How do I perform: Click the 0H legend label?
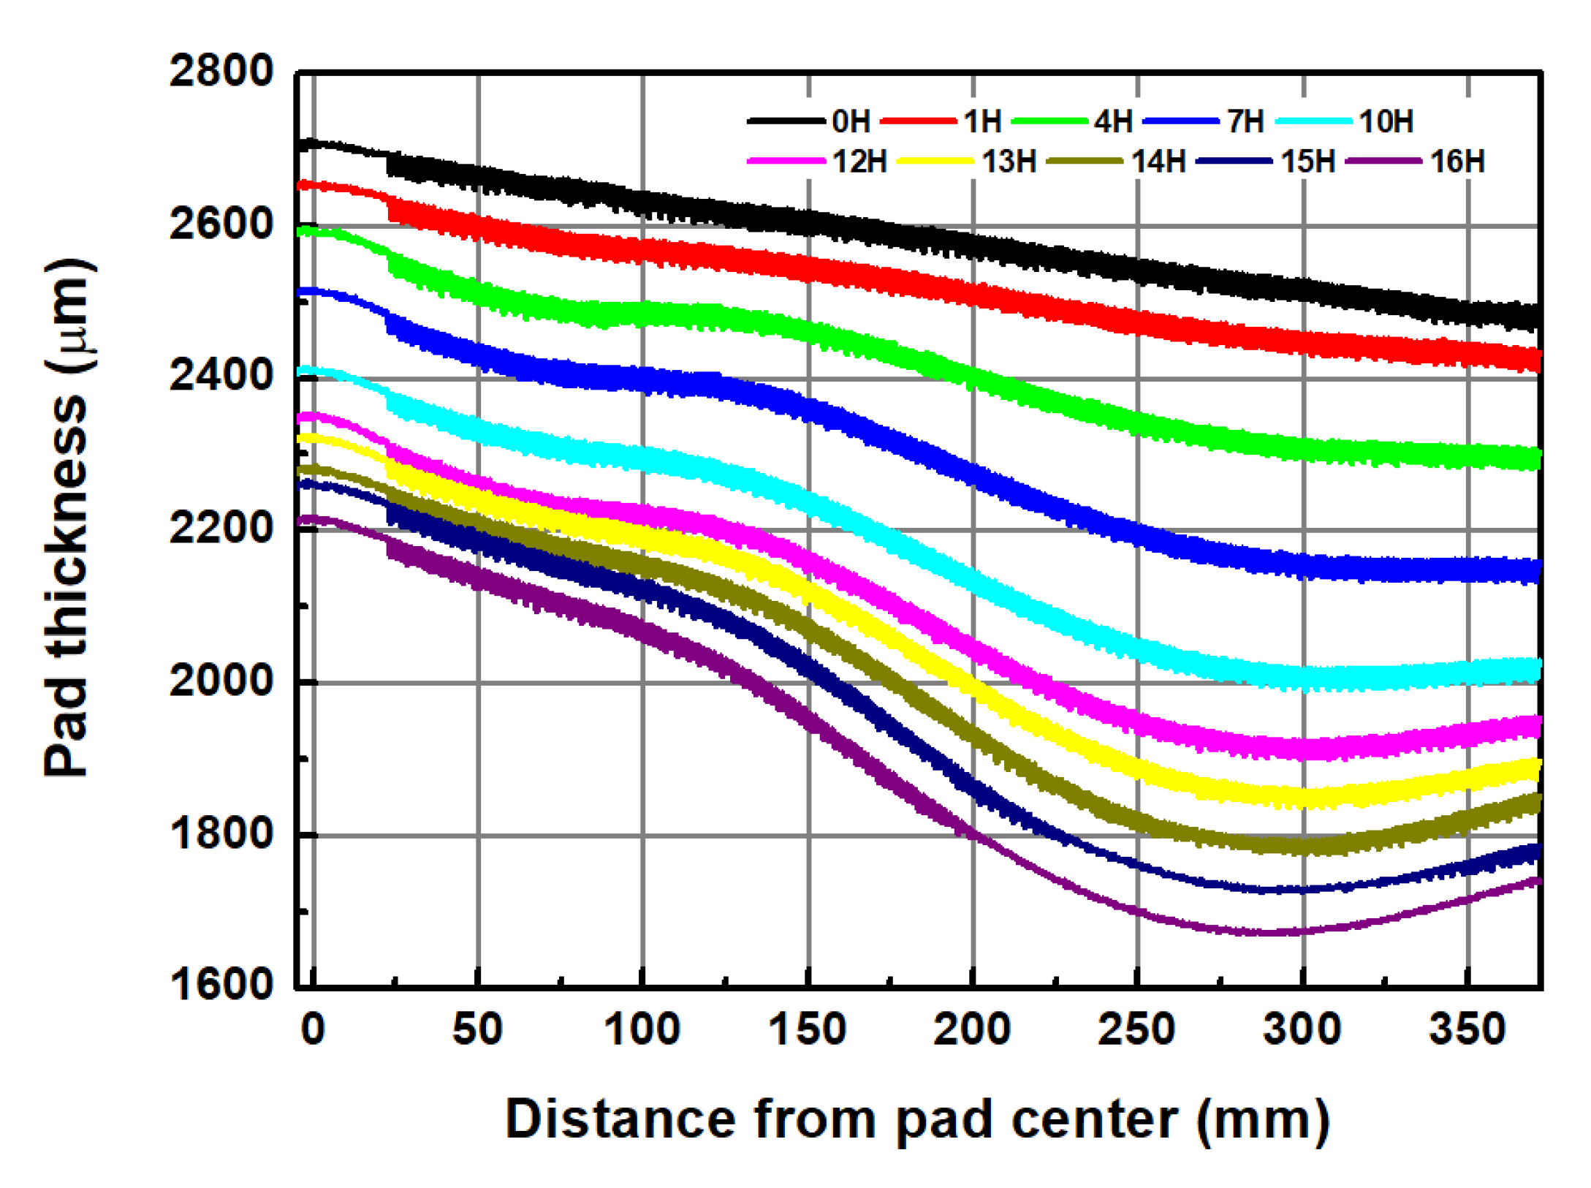point(851,121)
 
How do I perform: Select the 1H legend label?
point(981,121)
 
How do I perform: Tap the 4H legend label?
point(1113,121)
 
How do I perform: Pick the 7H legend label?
point(1245,121)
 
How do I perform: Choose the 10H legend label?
point(1386,121)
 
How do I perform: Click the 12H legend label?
point(859,162)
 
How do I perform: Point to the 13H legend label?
point(1009,162)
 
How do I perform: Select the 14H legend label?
point(1158,162)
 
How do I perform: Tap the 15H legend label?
point(1307,162)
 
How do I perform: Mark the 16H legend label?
point(1457,162)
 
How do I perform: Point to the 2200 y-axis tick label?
point(221,528)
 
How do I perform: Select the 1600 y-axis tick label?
point(221,984)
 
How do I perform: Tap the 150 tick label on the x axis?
point(808,1029)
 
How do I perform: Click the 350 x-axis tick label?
point(1467,1029)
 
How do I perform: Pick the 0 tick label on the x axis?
point(313,1029)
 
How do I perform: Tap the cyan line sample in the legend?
point(1313,121)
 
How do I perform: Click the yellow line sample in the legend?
point(934,162)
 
